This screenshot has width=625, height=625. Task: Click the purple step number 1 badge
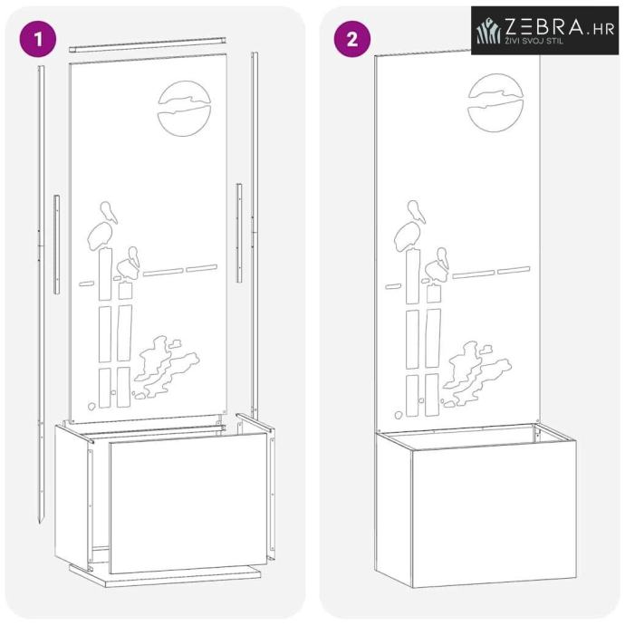(38, 39)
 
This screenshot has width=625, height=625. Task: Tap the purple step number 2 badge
(352, 39)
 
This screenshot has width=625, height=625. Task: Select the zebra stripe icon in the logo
(489, 30)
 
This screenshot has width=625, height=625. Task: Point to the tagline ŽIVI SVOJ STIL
(534, 41)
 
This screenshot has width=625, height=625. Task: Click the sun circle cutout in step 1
(184, 109)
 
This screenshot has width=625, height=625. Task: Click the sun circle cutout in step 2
(495, 103)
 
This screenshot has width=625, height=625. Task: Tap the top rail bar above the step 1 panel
(148, 44)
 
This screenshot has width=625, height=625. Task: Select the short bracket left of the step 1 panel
(56, 245)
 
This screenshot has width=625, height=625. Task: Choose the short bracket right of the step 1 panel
(239, 233)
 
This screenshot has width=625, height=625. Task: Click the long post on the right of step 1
(255, 236)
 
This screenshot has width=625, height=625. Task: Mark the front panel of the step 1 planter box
(188, 503)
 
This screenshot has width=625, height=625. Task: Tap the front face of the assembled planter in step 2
(495, 518)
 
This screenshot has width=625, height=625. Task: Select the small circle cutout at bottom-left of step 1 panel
(91, 407)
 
